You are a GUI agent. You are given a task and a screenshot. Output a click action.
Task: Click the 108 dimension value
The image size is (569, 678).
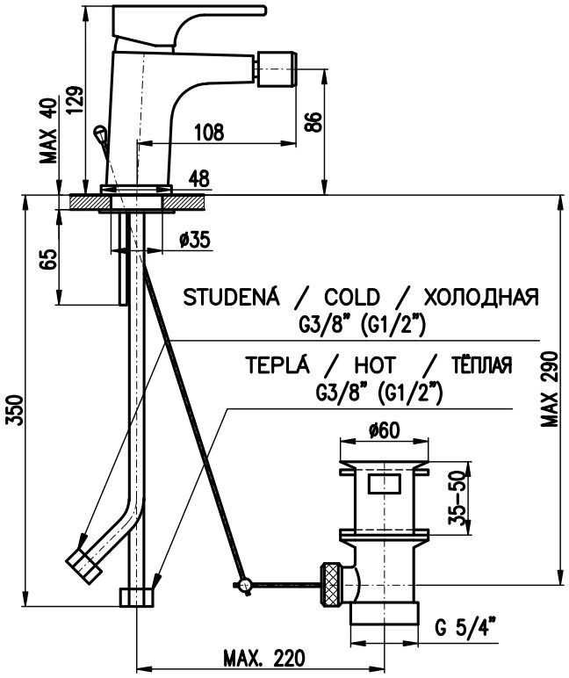pos(208,133)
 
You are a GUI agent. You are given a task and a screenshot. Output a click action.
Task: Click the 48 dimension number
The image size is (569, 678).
pos(199,178)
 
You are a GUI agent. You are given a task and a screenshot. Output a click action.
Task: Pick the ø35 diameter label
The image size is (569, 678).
pos(193,241)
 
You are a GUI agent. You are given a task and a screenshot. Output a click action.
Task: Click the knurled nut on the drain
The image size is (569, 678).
pos(331,581)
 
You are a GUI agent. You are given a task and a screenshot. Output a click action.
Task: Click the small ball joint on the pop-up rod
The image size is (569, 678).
pos(246,581)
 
